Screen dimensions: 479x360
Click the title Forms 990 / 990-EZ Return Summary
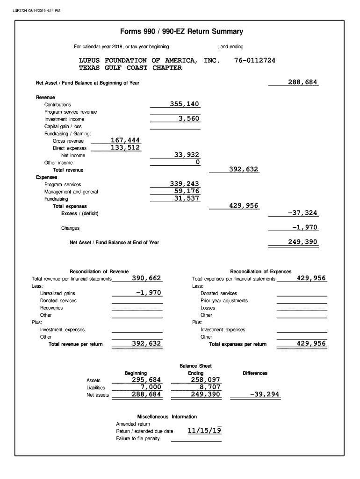click(x=181, y=32)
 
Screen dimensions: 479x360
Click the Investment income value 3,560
click(x=189, y=118)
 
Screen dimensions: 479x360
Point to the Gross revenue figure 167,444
click(x=125, y=140)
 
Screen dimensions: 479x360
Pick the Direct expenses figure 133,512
click(x=125, y=147)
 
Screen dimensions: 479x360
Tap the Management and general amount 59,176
click(x=187, y=191)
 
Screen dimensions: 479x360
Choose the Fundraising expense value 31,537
click(x=187, y=198)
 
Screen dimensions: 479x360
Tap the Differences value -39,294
click(x=265, y=394)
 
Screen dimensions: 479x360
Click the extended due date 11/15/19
click(x=204, y=431)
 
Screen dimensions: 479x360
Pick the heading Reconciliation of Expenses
click(x=260, y=271)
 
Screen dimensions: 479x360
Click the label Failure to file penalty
click(x=138, y=438)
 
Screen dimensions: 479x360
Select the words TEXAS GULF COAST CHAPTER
click(x=130, y=68)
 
